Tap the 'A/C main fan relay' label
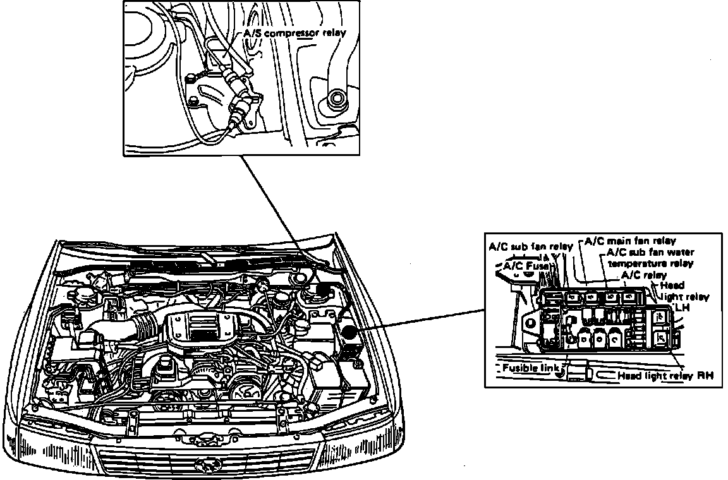629,241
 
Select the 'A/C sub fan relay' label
530,246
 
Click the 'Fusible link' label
530,368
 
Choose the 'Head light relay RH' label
665,375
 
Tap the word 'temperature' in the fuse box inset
650,263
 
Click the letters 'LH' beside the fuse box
682,307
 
